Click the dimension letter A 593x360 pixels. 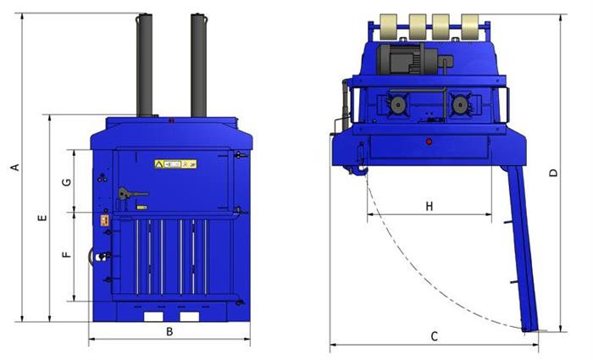click(x=15, y=167)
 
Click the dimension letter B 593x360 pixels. click(x=169, y=332)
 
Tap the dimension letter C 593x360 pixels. click(x=435, y=336)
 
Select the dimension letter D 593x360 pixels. click(x=553, y=173)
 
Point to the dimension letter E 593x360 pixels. click(x=42, y=218)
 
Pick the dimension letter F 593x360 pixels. click(x=66, y=254)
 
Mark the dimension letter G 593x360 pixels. click(x=66, y=182)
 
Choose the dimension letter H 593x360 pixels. click(x=430, y=206)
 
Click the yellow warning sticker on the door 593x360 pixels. click(x=176, y=164)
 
